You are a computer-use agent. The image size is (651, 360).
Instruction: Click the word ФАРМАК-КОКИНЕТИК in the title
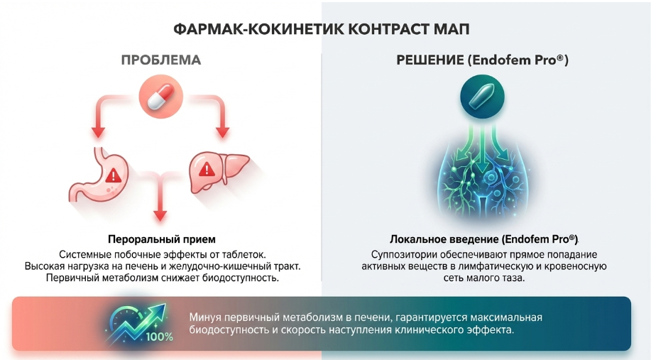[x=258, y=30]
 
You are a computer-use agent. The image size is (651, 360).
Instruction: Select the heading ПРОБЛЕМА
[x=161, y=60]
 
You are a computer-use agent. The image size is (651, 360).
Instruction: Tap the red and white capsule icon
[x=161, y=97]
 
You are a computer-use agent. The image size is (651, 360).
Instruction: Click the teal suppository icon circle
[x=482, y=97]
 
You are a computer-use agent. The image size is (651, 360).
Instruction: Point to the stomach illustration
[x=99, y=175]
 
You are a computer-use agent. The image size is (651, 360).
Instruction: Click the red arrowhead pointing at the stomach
[x=99, y=132]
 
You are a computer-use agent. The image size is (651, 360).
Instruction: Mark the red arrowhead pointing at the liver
[x=222, y=132]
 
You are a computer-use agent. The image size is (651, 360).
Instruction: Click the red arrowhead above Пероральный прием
[x=160, y=215]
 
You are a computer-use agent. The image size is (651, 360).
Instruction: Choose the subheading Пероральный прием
[x=162, y=239]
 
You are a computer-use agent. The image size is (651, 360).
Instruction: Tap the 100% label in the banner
[x=160, y=337]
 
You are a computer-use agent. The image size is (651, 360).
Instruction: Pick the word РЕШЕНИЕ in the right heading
[x=430, y=60]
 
